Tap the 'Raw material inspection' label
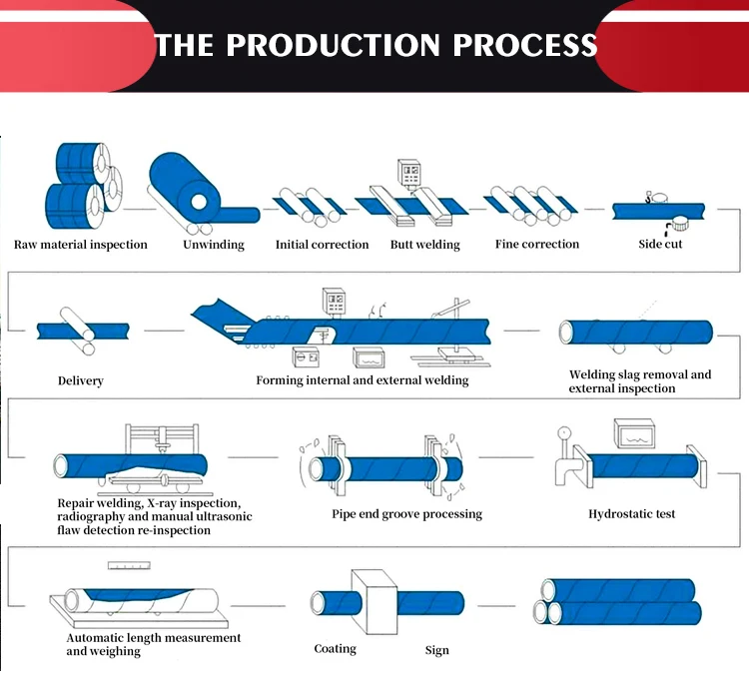tap(80, 245)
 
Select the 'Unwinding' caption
tap(213, 245)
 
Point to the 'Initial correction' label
tap(322, 245)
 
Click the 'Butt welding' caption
tap(424, 245)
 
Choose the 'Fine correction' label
tap(536, 245)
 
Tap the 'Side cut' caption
tap(660, 245)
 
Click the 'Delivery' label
tap(80, 381)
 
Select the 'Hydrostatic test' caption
tap(631, 514)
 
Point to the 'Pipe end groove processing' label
tap(406, 514)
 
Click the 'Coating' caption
tap(335, 649)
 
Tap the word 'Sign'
tap(437, 650)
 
